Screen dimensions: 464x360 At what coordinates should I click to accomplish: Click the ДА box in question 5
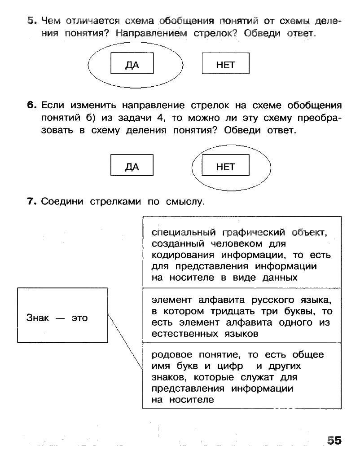132,63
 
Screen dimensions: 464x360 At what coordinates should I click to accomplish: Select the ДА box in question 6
132,165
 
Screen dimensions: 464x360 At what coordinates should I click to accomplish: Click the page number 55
334,440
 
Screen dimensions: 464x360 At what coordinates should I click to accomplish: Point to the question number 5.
31,20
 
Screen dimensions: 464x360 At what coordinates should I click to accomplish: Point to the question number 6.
31,106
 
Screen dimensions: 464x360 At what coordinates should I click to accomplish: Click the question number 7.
31,201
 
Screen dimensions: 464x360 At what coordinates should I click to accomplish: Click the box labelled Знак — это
62,315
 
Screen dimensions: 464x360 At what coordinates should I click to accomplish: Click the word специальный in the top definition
180,233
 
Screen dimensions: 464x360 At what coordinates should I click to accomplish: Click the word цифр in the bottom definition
232,366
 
